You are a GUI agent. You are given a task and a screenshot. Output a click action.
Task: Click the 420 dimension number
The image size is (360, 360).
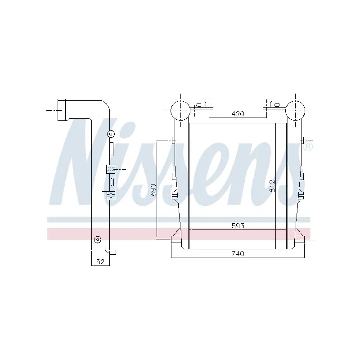(x=238, y=114)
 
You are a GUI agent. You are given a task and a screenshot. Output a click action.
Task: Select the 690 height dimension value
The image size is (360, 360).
(x=153, y=189)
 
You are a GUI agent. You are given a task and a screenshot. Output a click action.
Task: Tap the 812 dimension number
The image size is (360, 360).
(x=272, y=186)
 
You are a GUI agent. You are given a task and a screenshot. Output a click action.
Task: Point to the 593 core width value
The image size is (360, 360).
(x=238, y=225)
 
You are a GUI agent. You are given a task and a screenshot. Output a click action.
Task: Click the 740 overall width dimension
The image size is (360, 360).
(x=238, y=254)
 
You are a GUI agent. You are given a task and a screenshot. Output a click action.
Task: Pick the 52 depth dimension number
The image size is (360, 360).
(x=99, y=261)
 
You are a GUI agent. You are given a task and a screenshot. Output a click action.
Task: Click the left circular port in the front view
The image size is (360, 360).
(x=180, y=110)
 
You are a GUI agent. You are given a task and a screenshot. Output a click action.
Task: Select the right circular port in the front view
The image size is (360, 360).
(x=295, y=110)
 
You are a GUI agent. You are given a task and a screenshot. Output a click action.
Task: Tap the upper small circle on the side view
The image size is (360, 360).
(x=111, y=134)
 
